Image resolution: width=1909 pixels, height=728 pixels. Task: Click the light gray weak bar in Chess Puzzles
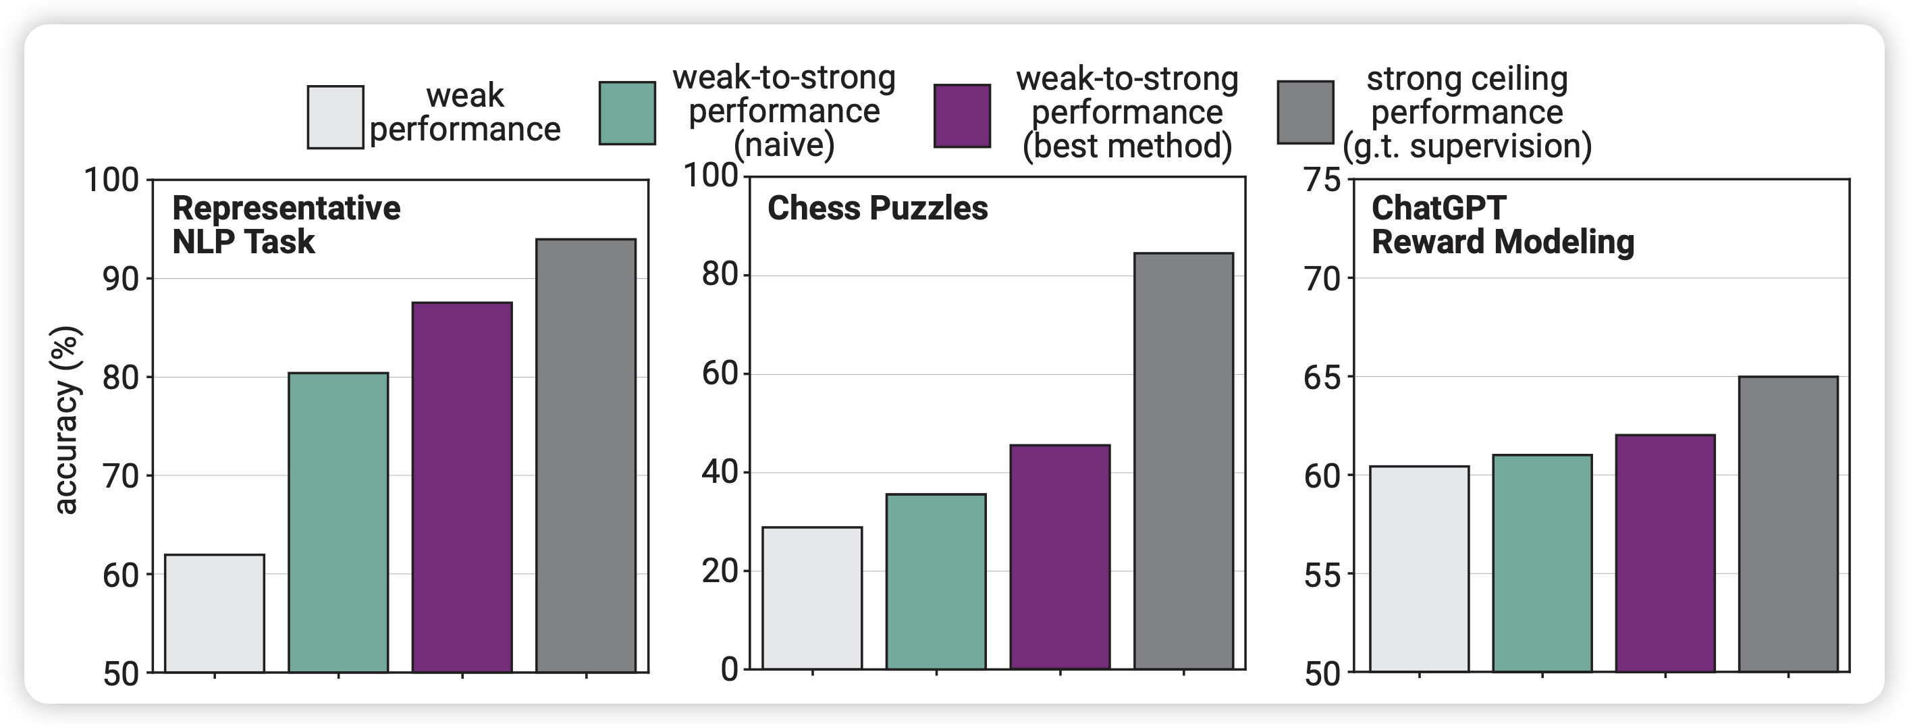[812, 598]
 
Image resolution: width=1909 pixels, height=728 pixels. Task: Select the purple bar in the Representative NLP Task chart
[462, 487]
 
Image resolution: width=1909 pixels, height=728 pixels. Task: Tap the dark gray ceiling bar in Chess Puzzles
[1183, 461]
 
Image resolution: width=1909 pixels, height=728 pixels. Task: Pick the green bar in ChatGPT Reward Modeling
[1542, 563]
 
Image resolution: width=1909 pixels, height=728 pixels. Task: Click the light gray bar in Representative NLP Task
[214, 613]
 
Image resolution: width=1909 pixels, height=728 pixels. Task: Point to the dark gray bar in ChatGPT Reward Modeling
[1788, 524]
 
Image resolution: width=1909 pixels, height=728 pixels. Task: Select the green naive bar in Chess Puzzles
[936, 582]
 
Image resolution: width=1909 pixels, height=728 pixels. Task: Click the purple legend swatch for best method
[962, 115]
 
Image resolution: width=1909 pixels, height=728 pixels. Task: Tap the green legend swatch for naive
[627, 113]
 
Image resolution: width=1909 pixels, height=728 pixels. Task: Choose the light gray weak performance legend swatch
[335, 117]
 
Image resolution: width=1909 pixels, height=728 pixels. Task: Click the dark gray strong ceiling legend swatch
[1305, 112]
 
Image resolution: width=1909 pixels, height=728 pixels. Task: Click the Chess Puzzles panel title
[878, 208]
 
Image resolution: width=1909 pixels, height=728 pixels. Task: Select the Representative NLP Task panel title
[286, 225]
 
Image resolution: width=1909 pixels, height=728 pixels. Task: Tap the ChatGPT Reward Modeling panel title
[1502, 225]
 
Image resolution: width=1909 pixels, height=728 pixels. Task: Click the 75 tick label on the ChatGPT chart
[1322, 180]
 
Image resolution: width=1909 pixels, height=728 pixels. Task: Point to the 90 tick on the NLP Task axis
[121, 280]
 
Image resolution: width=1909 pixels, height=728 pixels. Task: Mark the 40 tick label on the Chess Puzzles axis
[720, 472]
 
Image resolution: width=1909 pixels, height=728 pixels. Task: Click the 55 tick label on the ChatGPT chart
[1322, 575]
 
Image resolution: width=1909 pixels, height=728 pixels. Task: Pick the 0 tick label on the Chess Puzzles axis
[729, 669]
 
